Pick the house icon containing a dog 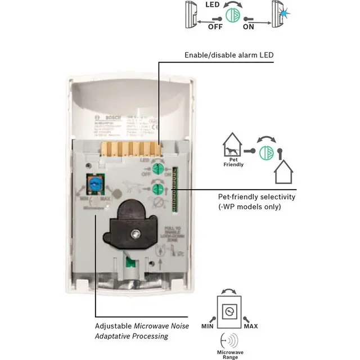coord(232,146)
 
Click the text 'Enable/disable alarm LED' coord(228,55)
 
